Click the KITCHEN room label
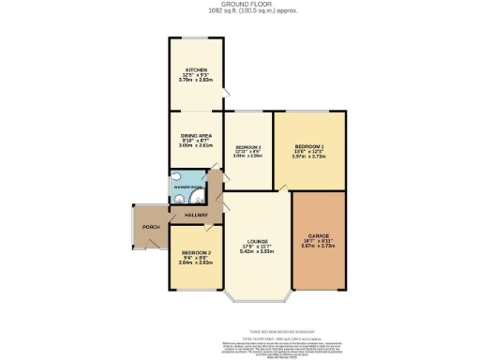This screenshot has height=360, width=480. coord(196,69)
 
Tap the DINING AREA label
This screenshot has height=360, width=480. coord(196,135)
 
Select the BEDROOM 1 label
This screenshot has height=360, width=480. coord(309,146)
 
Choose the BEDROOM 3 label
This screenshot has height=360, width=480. coord(247,147)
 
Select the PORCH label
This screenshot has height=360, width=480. coord(149,228)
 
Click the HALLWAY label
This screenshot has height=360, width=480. coord(196,216)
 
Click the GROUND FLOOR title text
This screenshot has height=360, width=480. coord(239,5)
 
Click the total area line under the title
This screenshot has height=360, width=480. coord(239,11)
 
